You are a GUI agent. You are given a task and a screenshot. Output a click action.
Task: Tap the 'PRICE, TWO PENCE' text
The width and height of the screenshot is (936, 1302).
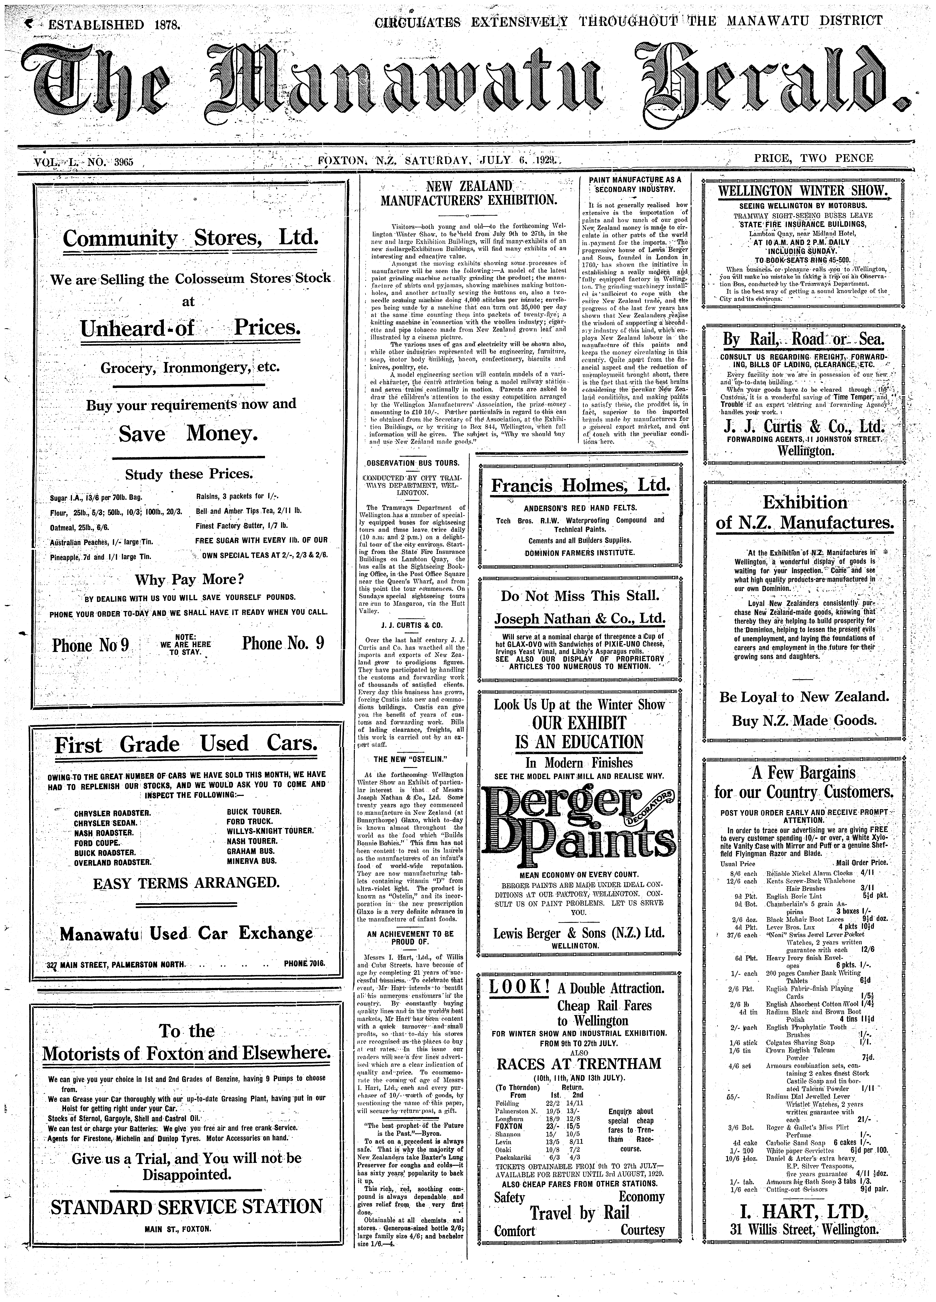(x=814, y=158)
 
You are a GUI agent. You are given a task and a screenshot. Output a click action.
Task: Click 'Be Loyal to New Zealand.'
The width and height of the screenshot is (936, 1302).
(x=804, y=697)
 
